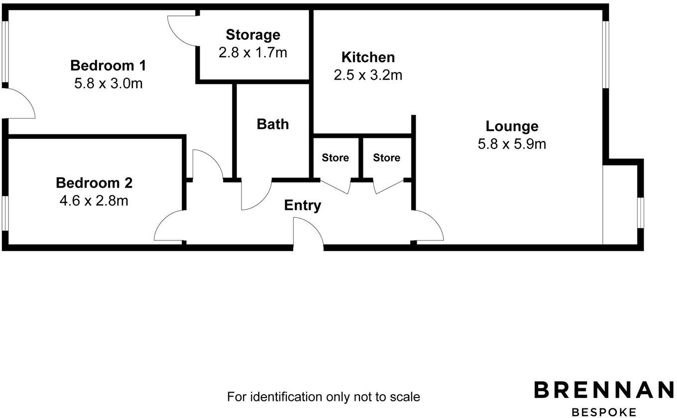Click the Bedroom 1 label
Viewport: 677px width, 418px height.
[x=108, y=66]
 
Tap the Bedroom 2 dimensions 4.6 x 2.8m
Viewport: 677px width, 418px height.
[x=94, y=201]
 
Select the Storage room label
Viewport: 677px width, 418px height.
[x=253, y=35]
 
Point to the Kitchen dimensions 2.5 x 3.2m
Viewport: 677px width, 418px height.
[x=368, y=75]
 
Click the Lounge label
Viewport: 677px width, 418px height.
[x=512, y=126]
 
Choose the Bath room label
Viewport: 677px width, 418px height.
[x=273, y=124]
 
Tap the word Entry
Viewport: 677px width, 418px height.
[x=303, y=205]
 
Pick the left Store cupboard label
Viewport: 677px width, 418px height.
[x=335, y=158]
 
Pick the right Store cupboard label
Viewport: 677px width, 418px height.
[x=386, y=158]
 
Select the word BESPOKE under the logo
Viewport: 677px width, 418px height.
[x=604, y=412]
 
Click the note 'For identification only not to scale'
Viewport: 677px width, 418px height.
[x=324, y=397]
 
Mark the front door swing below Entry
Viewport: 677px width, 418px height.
[x=308, y=233]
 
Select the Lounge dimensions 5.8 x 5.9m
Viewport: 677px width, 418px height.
[x=512, y=144]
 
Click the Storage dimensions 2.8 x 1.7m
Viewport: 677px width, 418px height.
[x=253, y=52]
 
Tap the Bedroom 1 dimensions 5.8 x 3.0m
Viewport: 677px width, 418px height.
[x=108, y=83]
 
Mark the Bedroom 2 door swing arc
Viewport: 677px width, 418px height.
[x=169, y=226]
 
